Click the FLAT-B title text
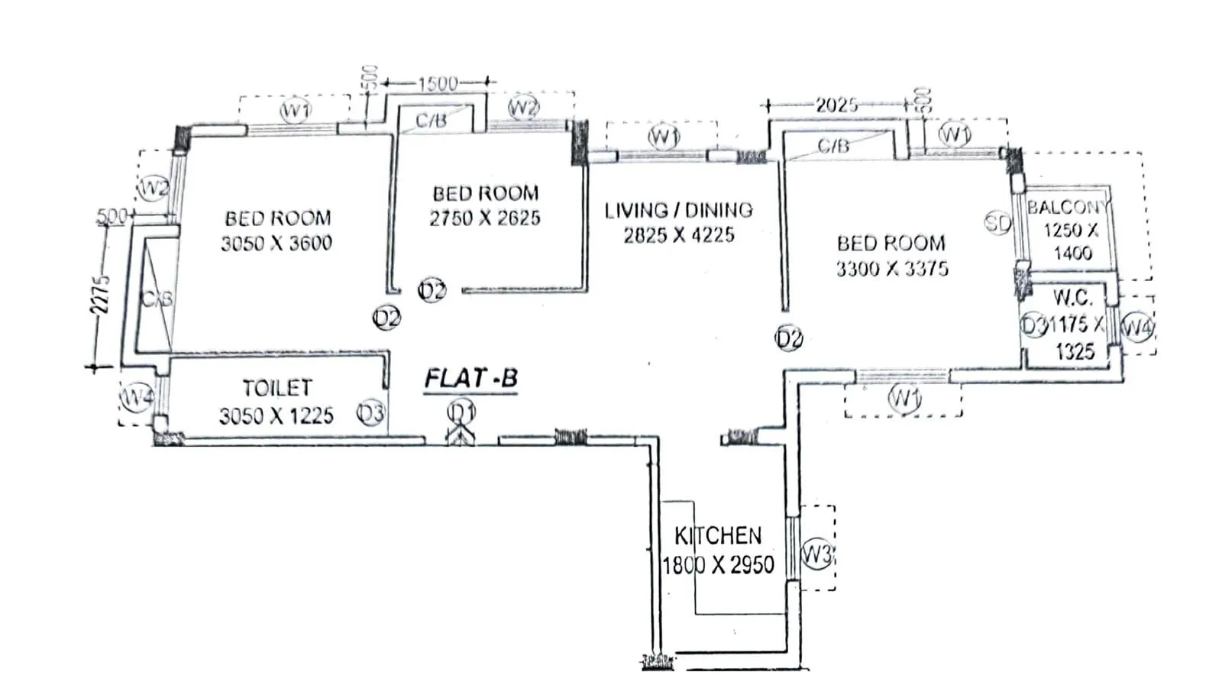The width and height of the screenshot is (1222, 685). coord(470,378)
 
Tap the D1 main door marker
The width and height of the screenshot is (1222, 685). coord(461,412)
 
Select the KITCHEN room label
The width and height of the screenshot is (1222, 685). coord(717,535)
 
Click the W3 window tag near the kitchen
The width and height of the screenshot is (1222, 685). coord(816,553)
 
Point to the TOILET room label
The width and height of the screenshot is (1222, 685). coord(276,388)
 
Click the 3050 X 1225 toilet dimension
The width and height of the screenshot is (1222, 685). coord(276,416)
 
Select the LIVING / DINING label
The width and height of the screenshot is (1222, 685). coord(678,210)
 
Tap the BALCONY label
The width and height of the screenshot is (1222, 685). coord(1068,207)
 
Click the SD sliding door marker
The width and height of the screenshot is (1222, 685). coord(997,223)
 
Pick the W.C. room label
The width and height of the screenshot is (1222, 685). coord(1072,298)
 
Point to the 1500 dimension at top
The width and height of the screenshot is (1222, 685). coord(438,83)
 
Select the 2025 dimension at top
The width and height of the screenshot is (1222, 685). coord(836,105)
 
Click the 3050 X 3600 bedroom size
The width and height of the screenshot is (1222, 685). coord(276,244)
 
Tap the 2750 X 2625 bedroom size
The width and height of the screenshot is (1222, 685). coord(484,218)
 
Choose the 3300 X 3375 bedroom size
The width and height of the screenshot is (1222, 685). coord(891,269)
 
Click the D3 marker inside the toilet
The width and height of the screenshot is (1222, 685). coord(370,414)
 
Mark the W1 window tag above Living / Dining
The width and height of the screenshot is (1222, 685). coord(664,137)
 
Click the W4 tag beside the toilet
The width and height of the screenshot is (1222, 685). coord(137,397)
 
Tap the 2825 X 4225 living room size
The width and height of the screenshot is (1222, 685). coord(678,235)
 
